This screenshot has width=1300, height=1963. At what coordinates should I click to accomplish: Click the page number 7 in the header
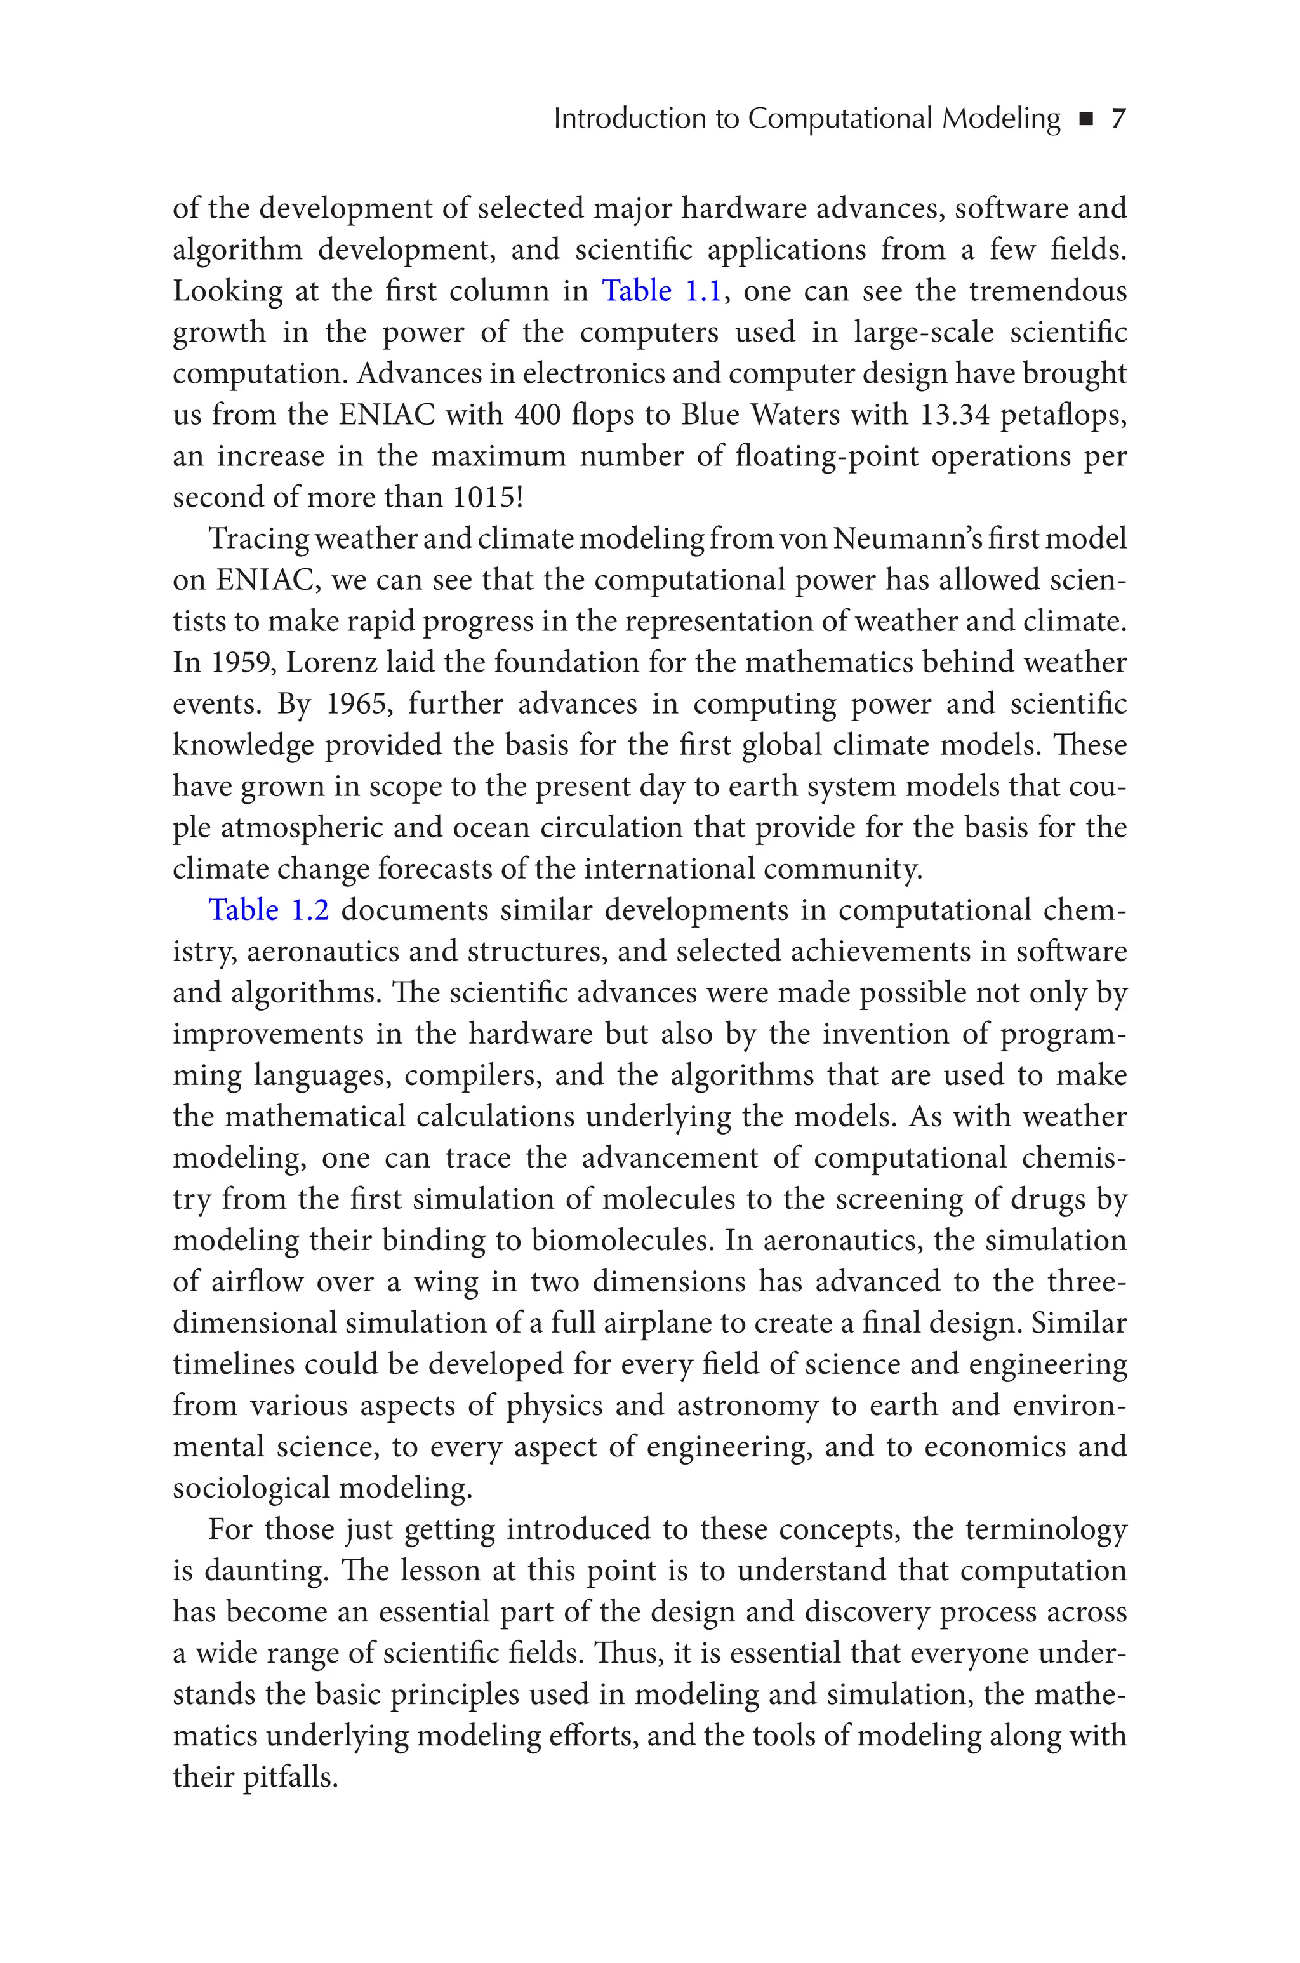[x=1118, y=119]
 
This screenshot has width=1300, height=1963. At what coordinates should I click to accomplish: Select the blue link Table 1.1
[x=661, y=291]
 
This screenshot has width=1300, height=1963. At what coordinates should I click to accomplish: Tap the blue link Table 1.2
[x=268, y=910]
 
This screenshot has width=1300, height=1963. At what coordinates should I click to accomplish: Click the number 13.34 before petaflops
[x=955, y=415]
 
